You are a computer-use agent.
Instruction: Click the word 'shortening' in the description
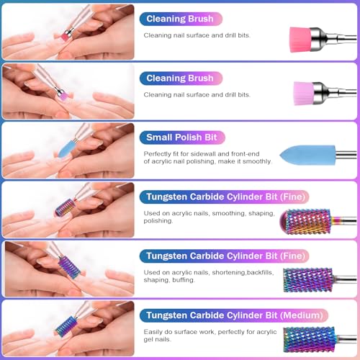[x=203, y=273]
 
